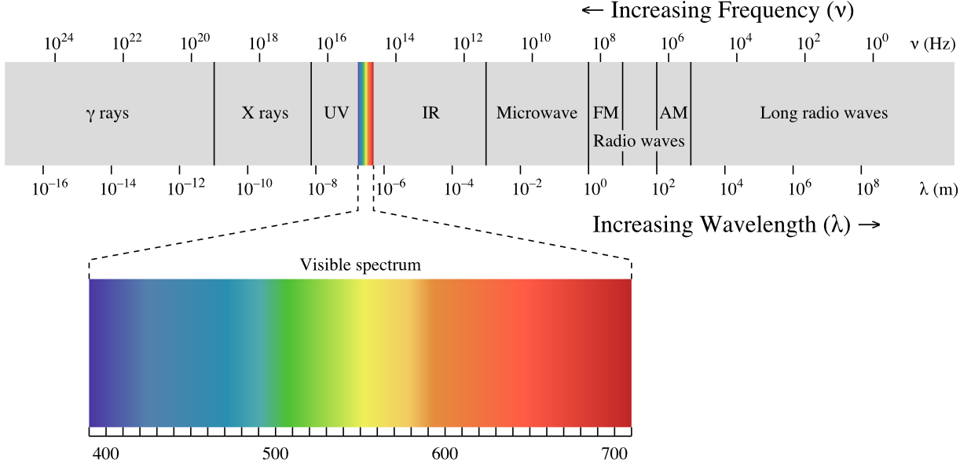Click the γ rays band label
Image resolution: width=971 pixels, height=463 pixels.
(x=108, y=114)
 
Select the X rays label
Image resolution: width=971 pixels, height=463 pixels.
(x=265, y=113)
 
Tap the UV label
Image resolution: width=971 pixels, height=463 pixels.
(x=336, y=112)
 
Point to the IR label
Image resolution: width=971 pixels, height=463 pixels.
(x=431, y=112)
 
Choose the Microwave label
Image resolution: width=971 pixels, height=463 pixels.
(x=537, y=112)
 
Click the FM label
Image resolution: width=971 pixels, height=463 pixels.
(x=606, y=112)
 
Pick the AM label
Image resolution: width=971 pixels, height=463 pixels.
(x=673, y=112)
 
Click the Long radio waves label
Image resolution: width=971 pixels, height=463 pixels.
(x=823, y=112)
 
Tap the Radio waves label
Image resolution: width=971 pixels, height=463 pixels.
(x=639, y=140)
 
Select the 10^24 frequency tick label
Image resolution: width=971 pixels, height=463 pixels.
(x=59, y=42)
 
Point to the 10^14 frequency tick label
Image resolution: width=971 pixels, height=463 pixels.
(x=400, y=42)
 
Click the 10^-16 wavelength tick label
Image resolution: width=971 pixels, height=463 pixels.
(x=49, y=188)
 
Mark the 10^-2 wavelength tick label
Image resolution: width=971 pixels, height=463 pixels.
(x=527, y=188)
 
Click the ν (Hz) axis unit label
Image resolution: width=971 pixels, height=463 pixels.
(x=933, y=44)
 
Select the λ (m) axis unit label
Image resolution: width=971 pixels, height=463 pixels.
(x=939, y=189)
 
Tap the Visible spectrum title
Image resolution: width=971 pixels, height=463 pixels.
(x=361, y=264)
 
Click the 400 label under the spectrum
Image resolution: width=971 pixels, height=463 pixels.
(x=106, y=454)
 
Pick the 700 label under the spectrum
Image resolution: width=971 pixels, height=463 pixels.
(x=614, y=454)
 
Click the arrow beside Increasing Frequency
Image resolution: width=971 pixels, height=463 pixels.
(x=592, y=10)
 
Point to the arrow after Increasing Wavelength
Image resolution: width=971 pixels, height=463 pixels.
(x=870, y=224)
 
